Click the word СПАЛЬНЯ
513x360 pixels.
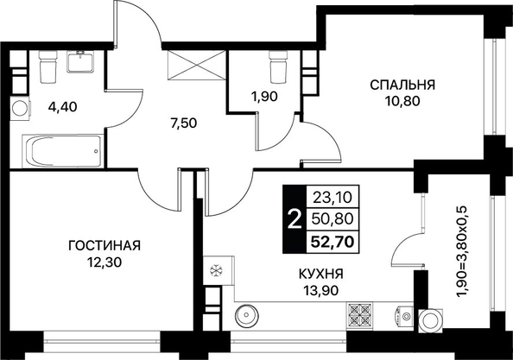pos(402,85)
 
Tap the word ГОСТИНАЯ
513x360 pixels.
pos(104,245)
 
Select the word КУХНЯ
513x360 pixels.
pos(321,274)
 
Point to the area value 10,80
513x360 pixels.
pos(402,101)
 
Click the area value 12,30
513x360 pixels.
pos(104,262)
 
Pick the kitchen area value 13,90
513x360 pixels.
pos(320,290)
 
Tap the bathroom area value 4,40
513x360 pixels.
pos(62,106)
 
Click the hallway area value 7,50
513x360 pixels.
pos(184,123)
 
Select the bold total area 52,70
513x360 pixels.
pos(332,242)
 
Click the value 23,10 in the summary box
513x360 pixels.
pos(332,197)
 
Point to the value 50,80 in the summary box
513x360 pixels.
pos(332,218)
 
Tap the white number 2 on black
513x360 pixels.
pos(294,219)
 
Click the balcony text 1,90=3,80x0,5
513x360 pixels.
pos(465,252)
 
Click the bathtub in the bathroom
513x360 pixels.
pos(62,151)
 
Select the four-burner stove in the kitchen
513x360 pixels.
pos(359,315)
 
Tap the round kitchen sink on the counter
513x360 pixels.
pos(247,315)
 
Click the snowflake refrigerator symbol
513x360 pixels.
pos(216,271)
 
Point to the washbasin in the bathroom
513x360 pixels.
pos(80,62)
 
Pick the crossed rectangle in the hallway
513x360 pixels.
pos(197,65)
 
